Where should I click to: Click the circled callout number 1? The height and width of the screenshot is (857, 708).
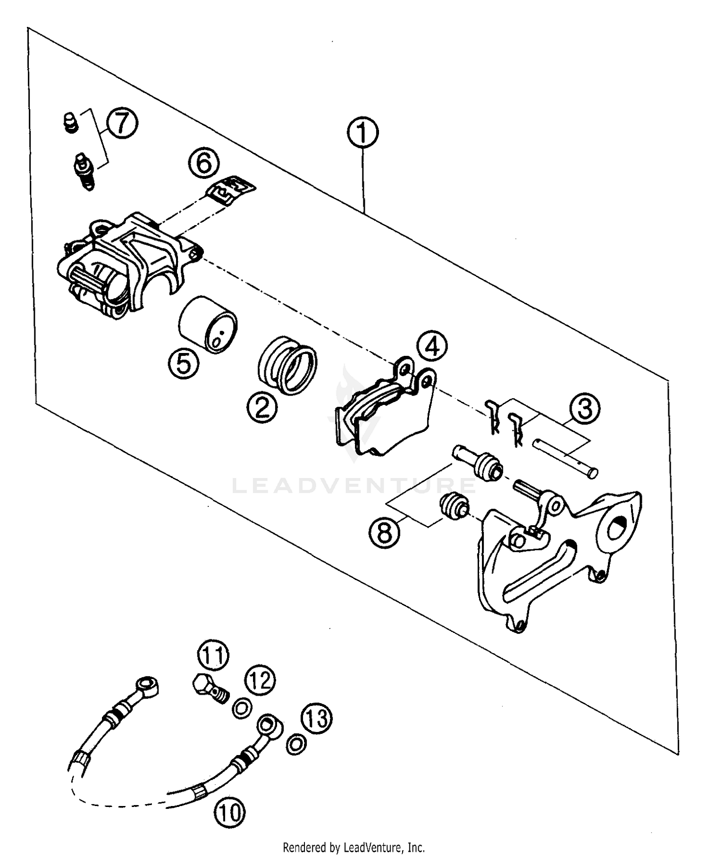362,133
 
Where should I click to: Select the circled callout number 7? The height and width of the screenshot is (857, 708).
122,122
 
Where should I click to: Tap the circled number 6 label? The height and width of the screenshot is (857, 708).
204,163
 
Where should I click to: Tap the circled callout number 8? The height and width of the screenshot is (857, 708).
385,533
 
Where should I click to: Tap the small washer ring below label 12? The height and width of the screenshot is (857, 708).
242,708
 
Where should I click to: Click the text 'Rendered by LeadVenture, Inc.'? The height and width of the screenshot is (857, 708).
354,847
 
